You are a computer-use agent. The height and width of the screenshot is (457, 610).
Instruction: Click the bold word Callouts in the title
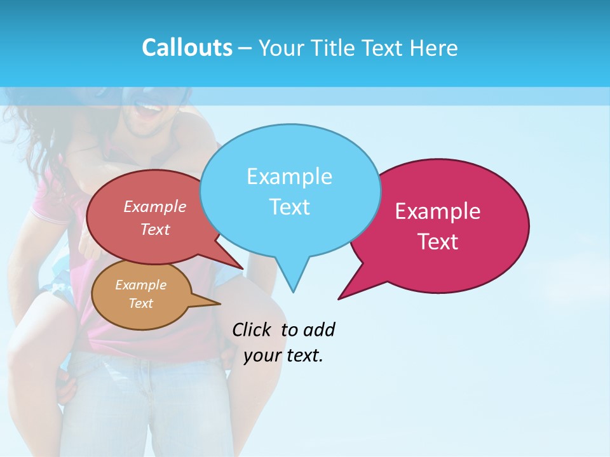pyautogui.click(x=187, y=48)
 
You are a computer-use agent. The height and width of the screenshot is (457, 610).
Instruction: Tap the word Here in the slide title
pyautogui.click(x=433, y=48)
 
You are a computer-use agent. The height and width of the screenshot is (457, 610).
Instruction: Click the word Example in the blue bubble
pyautogui.click(x=289, y=176)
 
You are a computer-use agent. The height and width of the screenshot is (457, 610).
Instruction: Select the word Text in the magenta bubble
pyautogui.click(x=438, y=242)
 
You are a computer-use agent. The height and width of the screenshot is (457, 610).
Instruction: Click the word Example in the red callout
pyautogui.click(x=155, y=207)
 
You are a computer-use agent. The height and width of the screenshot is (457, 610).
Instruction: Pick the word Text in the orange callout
pyautogui.click(x=140, y=303)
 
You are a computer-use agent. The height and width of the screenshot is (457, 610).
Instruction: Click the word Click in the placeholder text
pyautogui.click(x=251, y=330)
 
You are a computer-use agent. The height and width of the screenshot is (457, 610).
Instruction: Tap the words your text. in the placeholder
pyautogui.click(x=283, y=355)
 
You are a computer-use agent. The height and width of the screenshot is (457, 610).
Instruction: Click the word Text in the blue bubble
pyautogui.click(x=290, y=207)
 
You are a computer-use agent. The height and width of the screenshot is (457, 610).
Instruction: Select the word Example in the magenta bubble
pyautogui.click(x=438, y=211)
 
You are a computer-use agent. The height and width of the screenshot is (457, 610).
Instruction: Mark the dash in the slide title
pyautogui.click(x=245, y=48)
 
